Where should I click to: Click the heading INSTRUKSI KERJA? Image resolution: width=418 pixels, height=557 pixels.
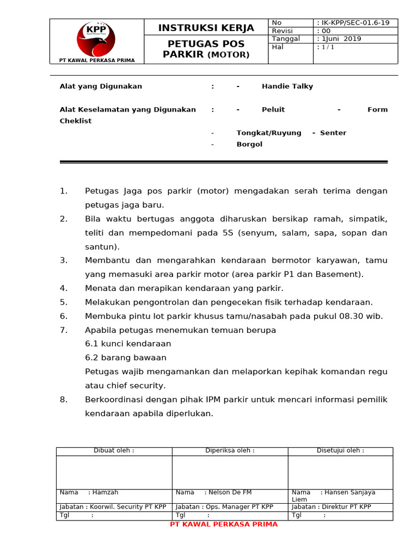[x=206, y=28]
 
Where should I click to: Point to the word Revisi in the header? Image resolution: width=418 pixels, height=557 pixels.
[x=282, y=31]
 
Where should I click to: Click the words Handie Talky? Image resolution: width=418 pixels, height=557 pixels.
[x=287, y=86]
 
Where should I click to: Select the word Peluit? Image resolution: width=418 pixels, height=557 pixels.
[x=273, y=109]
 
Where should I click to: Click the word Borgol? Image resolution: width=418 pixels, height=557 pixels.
[x=249, y=144]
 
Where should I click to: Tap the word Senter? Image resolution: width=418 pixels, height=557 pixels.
[x=333, y=133]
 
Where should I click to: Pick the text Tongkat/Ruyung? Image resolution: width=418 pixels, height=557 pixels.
[x=269, y=133]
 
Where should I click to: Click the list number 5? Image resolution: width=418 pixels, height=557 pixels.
[x=64, y=302]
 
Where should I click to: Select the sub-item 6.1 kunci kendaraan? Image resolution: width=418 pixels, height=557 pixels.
[x=128, y=344]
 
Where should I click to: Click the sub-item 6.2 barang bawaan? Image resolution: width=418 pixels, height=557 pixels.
[x=126, y=357]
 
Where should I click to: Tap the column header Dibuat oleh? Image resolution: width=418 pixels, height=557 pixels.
[x=114, y=450]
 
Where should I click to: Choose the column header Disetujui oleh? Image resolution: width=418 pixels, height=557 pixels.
[x=340, y=450]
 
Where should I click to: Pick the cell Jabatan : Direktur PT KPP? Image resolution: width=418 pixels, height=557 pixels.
[x=331, y=506]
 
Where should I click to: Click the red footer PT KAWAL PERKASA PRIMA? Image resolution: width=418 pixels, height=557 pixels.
[x=224, y=524]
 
